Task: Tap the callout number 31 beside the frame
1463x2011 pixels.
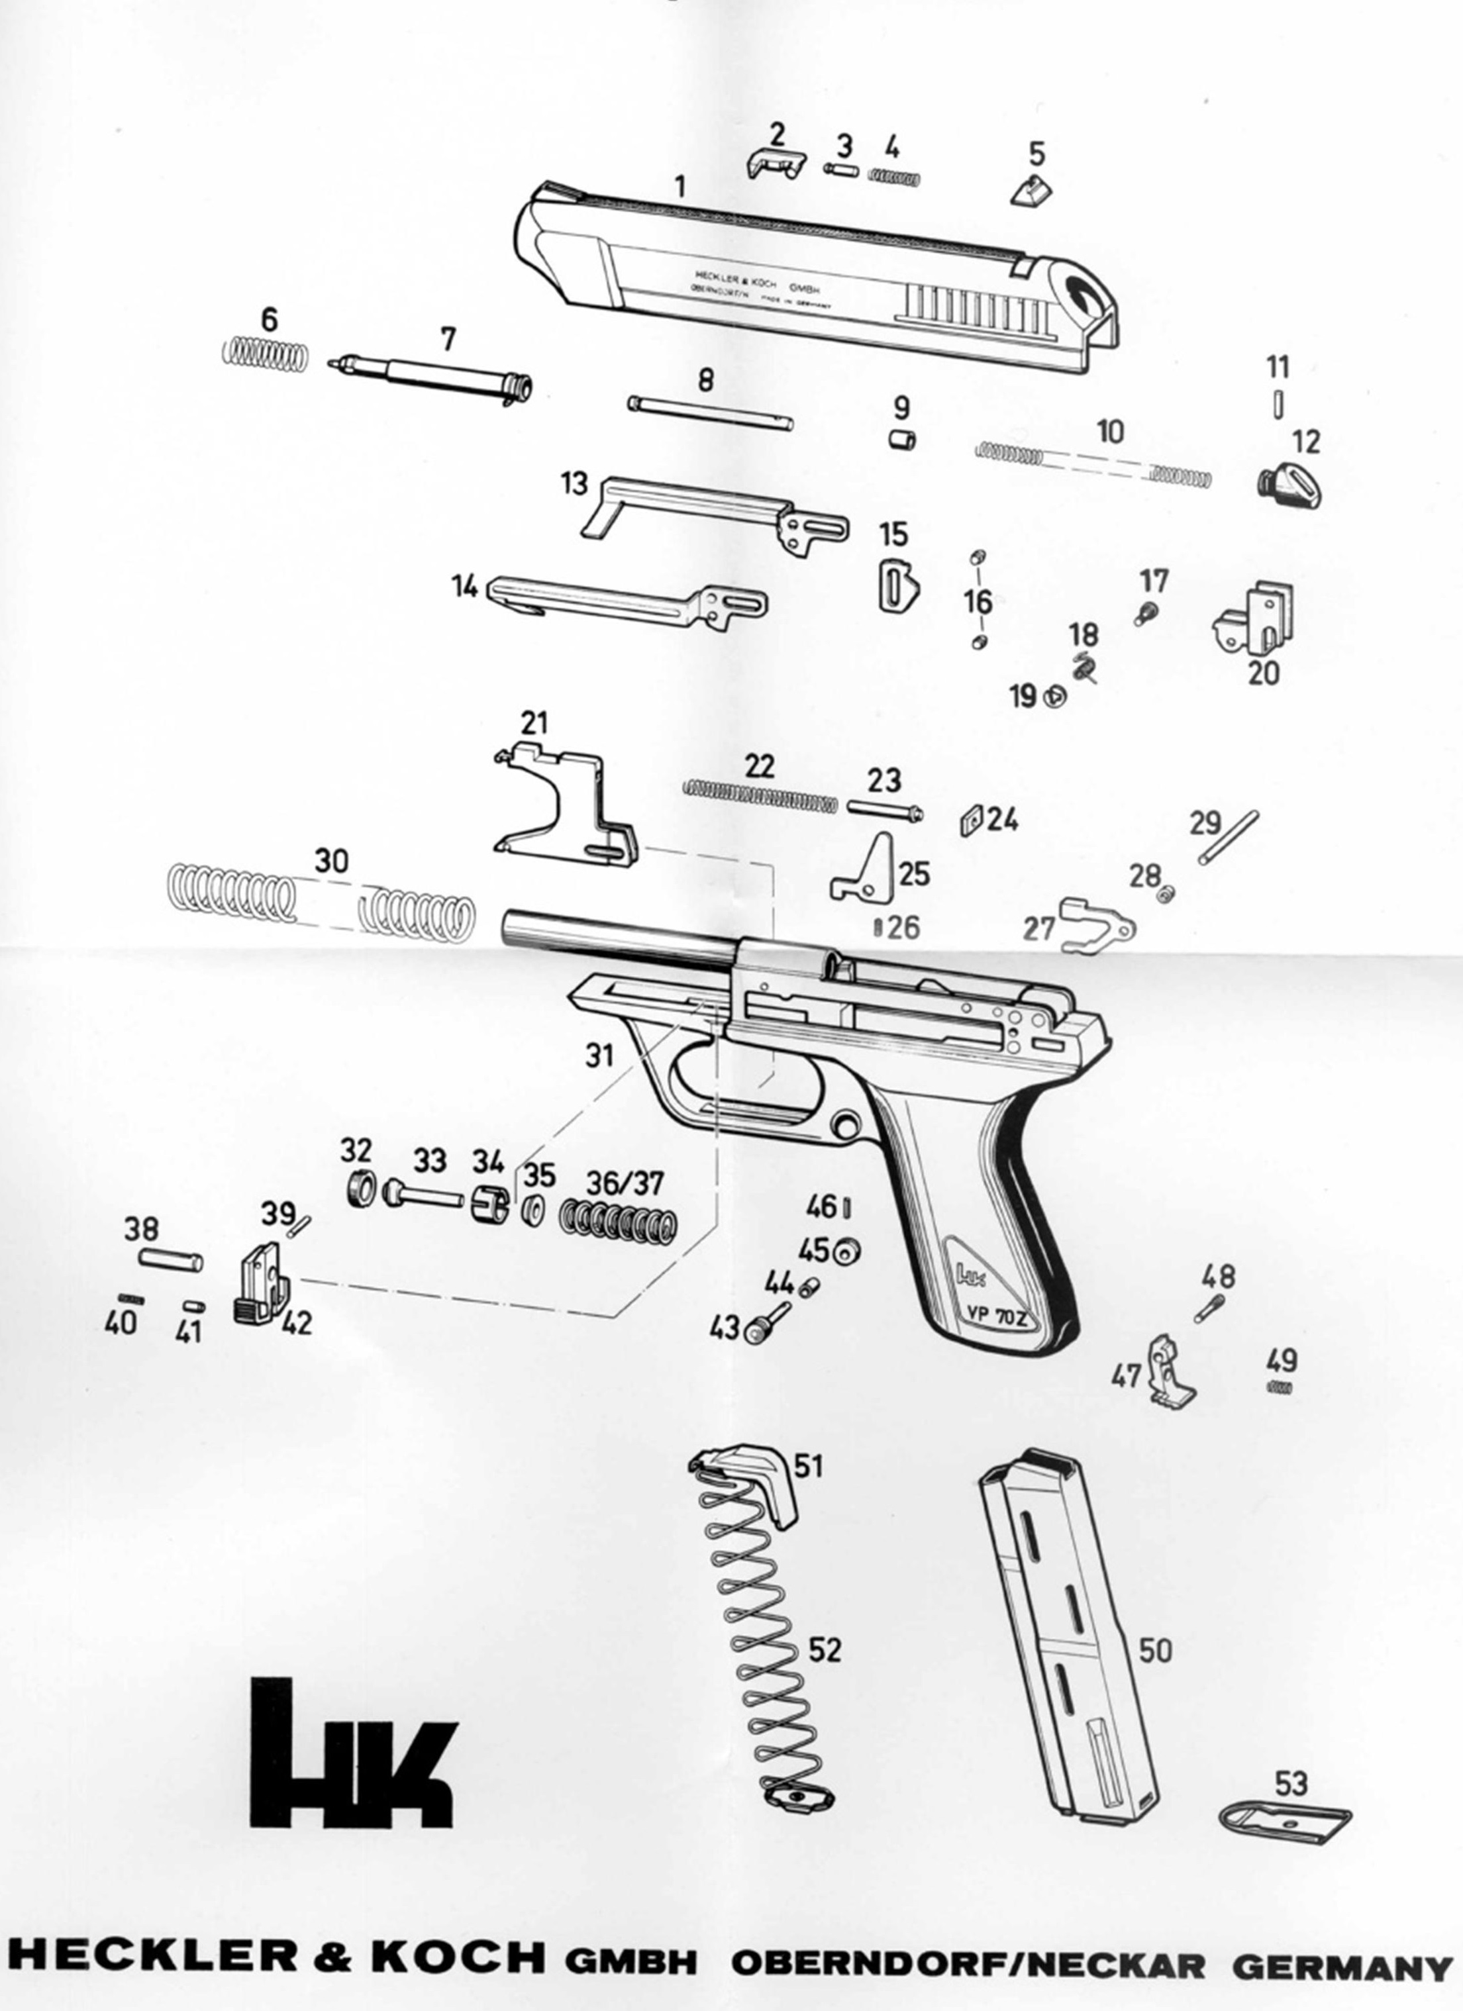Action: pyautogui.click(x=600, y=1055)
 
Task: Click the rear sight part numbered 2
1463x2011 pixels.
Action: pyautogui.click(x=774, y=163)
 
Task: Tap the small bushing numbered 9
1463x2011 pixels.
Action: pyautogui.click(x=902, y=439)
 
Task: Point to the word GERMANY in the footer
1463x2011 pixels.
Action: pyautogui.click(x=1340, y=1967)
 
